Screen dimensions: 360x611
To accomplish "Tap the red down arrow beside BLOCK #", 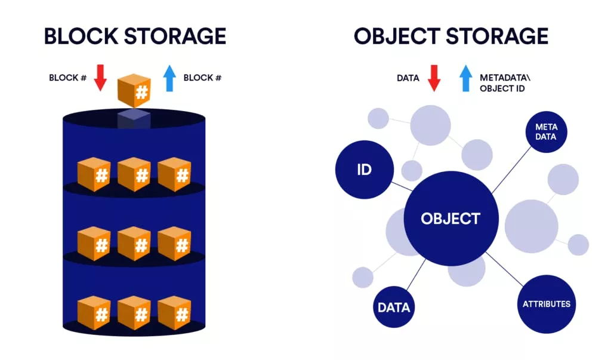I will click(x=100, y=78).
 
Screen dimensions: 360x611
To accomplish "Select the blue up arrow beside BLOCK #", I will click(x=170, y=78).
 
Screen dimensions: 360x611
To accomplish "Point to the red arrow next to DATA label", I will click(x=434, y=78).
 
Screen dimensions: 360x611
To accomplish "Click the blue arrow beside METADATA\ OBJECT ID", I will click(x=466, y=78).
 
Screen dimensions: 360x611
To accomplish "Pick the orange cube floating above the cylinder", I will click(x=134, y=90).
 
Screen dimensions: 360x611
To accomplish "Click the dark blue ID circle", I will click(x=365, y=170).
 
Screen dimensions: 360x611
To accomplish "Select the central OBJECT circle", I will click(x=450, y=219).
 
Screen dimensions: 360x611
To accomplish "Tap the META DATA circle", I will click(x=545, y=132).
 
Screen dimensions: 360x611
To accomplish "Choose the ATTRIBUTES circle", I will click(x=546, y=304).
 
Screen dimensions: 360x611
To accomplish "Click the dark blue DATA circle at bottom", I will click(x=394, y=307).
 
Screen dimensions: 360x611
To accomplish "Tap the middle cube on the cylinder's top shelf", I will click(x=134, y=174).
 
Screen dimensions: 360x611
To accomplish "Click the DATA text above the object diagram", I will click(x=408, y=78).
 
